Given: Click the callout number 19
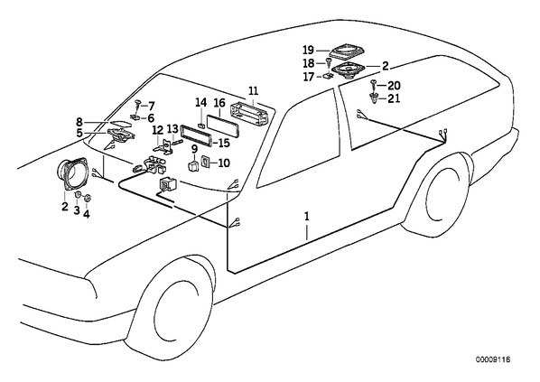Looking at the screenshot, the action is pos(308,51).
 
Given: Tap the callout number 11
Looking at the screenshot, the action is pos(253,91).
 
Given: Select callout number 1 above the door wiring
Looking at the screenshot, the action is pos(306,217).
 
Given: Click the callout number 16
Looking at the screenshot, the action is pos(219,103).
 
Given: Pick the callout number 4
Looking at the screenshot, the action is pos(87,214).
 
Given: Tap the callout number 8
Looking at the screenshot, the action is pos(79,122).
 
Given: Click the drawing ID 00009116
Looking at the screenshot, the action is pos(493,360).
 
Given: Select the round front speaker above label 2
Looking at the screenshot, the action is pos(71,174).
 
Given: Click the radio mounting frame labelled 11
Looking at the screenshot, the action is pos(249,112).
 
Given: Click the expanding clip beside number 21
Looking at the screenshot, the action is pos(374,98).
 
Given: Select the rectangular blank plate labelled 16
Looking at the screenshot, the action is pos(223,123).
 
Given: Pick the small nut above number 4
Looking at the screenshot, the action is pos(88,198).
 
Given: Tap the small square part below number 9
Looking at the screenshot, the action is pos(193,165).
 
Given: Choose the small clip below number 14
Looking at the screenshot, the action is pos(200,125).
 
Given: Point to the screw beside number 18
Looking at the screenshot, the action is pos(329,63).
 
